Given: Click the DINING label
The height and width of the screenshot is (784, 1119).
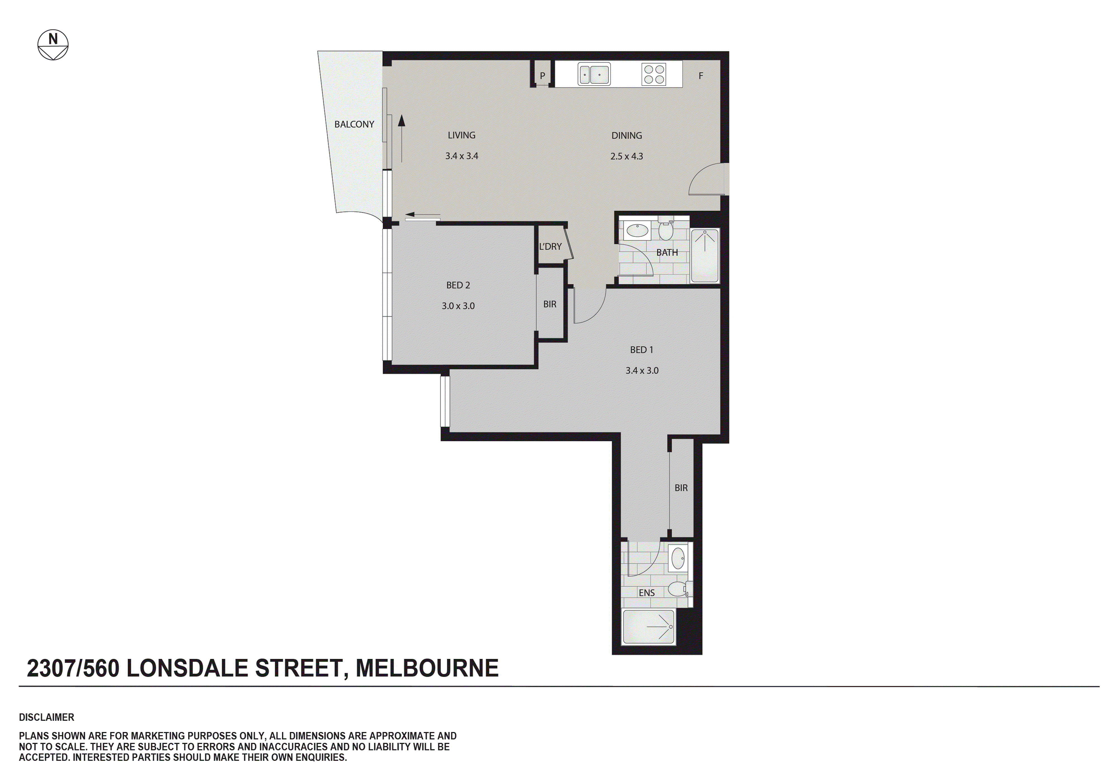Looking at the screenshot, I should [626, 135].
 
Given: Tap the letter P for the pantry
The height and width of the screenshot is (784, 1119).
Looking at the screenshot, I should [542, 76].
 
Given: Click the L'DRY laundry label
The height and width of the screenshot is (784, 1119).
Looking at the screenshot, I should [550, 247].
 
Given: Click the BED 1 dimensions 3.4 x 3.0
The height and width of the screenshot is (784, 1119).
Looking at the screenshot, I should [641, 370].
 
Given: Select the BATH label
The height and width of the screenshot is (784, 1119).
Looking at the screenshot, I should [666, 253].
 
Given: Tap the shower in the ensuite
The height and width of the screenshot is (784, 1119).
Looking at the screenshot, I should [649, 626].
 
